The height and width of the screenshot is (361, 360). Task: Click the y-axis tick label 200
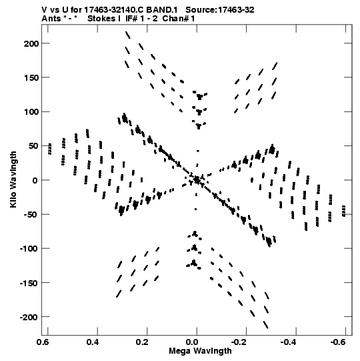click(31, 43)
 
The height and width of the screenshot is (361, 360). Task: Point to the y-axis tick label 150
click(31, 78)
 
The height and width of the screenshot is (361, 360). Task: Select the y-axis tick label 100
click(31, 112)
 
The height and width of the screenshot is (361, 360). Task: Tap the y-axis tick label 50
click(34, 146)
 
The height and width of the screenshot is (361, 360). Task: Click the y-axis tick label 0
click(35, 180)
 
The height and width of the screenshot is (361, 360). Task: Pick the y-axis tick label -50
click(31, 215)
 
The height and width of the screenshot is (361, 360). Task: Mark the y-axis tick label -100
click(29, 249)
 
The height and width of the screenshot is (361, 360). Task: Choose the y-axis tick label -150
click(29, 283)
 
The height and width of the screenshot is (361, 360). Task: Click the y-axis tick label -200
click(29, 318)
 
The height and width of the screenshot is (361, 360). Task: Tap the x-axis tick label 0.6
click(43, 342)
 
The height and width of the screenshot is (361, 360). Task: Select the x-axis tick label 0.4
click(93, 342)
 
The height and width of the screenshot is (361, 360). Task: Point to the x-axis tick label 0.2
click(142, 342)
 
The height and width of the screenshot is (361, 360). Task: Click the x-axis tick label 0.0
click(192, 342)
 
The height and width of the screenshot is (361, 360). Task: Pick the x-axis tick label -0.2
click(240, 342)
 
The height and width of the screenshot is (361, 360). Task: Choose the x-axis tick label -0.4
click(289, 342)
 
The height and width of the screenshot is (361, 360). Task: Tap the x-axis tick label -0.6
click(339, 342)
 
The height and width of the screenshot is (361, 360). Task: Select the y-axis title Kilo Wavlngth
click(13, 179)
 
